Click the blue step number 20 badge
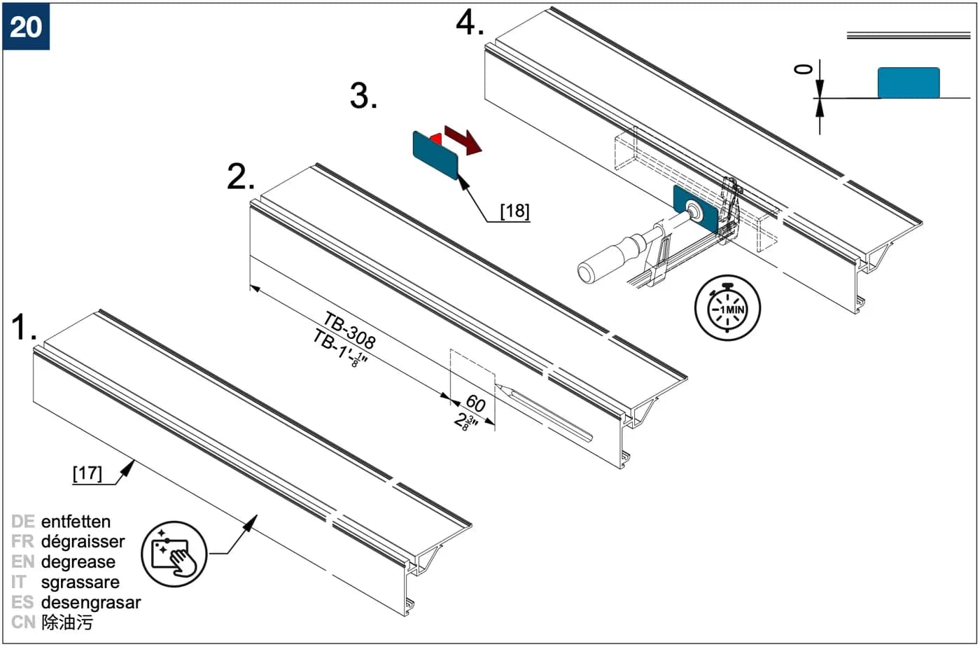click(x=26, y=27)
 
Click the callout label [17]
click(x=87, y=473)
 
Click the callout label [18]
click(x=515, y=211)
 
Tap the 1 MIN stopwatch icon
click(x=727, y=307)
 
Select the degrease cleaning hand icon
click(x=174, y=554)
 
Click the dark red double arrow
click(x=463, y=139)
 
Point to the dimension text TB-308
click(x=349, y=330)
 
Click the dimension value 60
click(x=475, y=403)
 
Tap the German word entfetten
click(x=76, y=522)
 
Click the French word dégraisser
click(x=83, y=542)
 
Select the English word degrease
click(x=78, y=562)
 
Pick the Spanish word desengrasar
click(x=91, y=603)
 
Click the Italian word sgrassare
click(x=80, y=583)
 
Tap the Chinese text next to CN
click(x=67, y=622)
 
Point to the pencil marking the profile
click(x=543, y=412)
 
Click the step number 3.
click(x=363, y=96)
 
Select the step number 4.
click(x=470, y=23)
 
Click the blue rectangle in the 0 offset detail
click(x=909, y=83)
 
